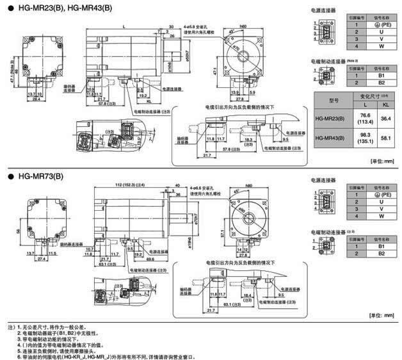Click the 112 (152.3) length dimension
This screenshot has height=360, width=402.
tap(122, 187)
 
